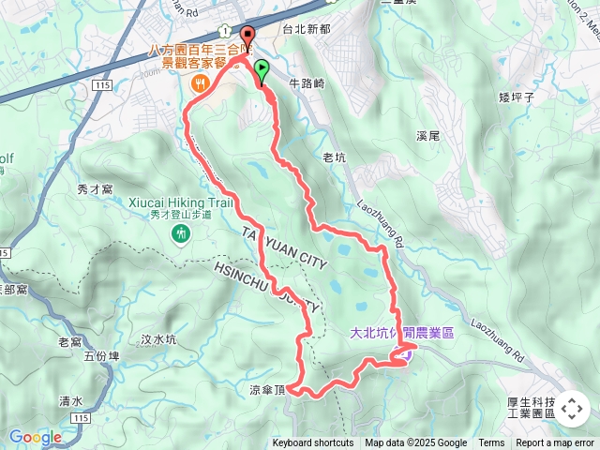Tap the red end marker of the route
(x=248, y=37)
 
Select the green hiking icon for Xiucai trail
(x=182, y=234)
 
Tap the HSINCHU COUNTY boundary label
(x=268, y=287)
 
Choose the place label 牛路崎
(x=307, y=83)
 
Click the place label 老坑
(x=335, y=157)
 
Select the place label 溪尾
(x=427, y=136)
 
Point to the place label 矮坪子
(x=517, y=97)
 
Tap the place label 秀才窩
(x=95, y=188)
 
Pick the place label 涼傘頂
(x=266, y=390)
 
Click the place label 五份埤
(x=101, y=356)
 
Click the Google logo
(x=35, y=437)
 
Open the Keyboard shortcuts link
(x=313, y=443)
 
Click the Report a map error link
(x=555, y=443)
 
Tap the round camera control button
(x=573, y=408)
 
